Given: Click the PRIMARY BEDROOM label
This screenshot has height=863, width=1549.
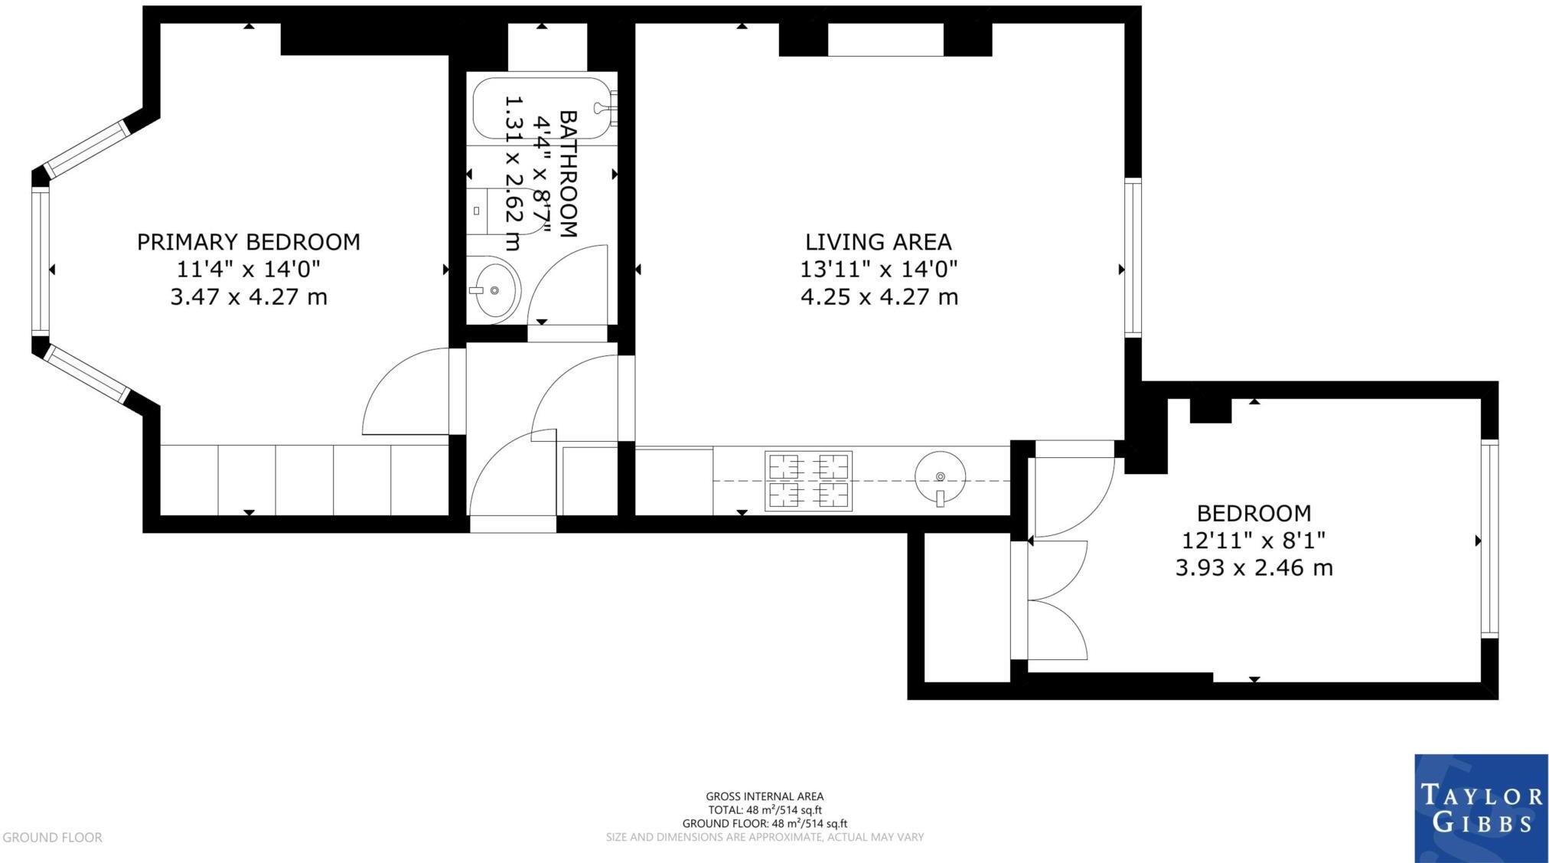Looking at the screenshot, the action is coord(248,242).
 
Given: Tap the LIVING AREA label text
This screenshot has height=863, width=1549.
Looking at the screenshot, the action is coord(878,242).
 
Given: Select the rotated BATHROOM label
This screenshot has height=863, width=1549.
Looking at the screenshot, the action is coord(568,174).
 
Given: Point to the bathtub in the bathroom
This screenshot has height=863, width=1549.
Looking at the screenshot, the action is coord(544,108).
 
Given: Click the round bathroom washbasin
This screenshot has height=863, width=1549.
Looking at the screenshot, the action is coord(494,289).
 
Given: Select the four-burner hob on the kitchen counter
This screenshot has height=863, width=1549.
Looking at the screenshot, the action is coord(808,481).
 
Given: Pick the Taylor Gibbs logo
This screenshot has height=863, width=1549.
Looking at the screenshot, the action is coord(1481,808).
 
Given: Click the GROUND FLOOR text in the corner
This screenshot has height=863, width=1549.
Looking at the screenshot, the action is coord(52,838).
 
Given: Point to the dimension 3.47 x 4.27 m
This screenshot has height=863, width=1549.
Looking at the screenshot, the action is coord(248,297).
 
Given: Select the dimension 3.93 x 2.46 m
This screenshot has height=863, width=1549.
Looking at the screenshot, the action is coord(1254,568).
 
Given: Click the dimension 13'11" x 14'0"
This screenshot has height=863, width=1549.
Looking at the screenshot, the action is coord(879,270).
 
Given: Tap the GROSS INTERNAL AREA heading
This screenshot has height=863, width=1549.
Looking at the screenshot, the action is coord(765,796).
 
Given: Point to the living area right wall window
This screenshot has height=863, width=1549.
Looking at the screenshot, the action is coord(1133,257).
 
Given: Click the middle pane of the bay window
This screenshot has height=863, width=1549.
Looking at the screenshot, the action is coord(40,261).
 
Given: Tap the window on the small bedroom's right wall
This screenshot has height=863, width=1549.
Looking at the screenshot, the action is coord(1489,539).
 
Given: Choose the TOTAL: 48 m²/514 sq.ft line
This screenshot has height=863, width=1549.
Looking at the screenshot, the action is coord(765,810).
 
